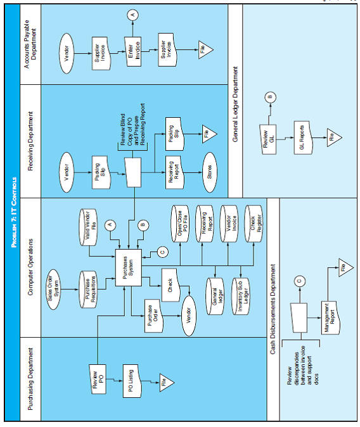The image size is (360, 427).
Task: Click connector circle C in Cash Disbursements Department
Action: (299, 280)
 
